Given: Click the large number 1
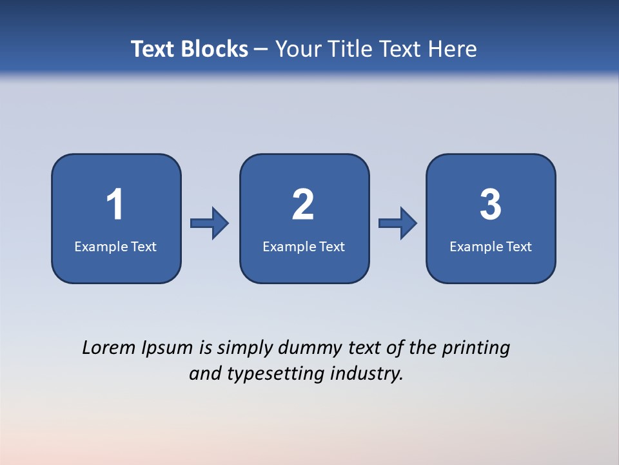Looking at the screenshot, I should [115, 205].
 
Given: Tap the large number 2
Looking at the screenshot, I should [303, 205].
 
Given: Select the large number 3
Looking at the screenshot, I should [491, 205].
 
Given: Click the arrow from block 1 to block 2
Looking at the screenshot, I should [210, 223].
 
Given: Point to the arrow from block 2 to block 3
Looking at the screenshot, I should [398, 223].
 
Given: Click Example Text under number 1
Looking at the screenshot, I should [115, 246].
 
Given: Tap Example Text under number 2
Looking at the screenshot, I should [304, 246].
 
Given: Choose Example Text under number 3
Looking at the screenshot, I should [491, 246].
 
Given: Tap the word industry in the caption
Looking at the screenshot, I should [367, 374].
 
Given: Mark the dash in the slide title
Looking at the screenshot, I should [262, 49].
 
